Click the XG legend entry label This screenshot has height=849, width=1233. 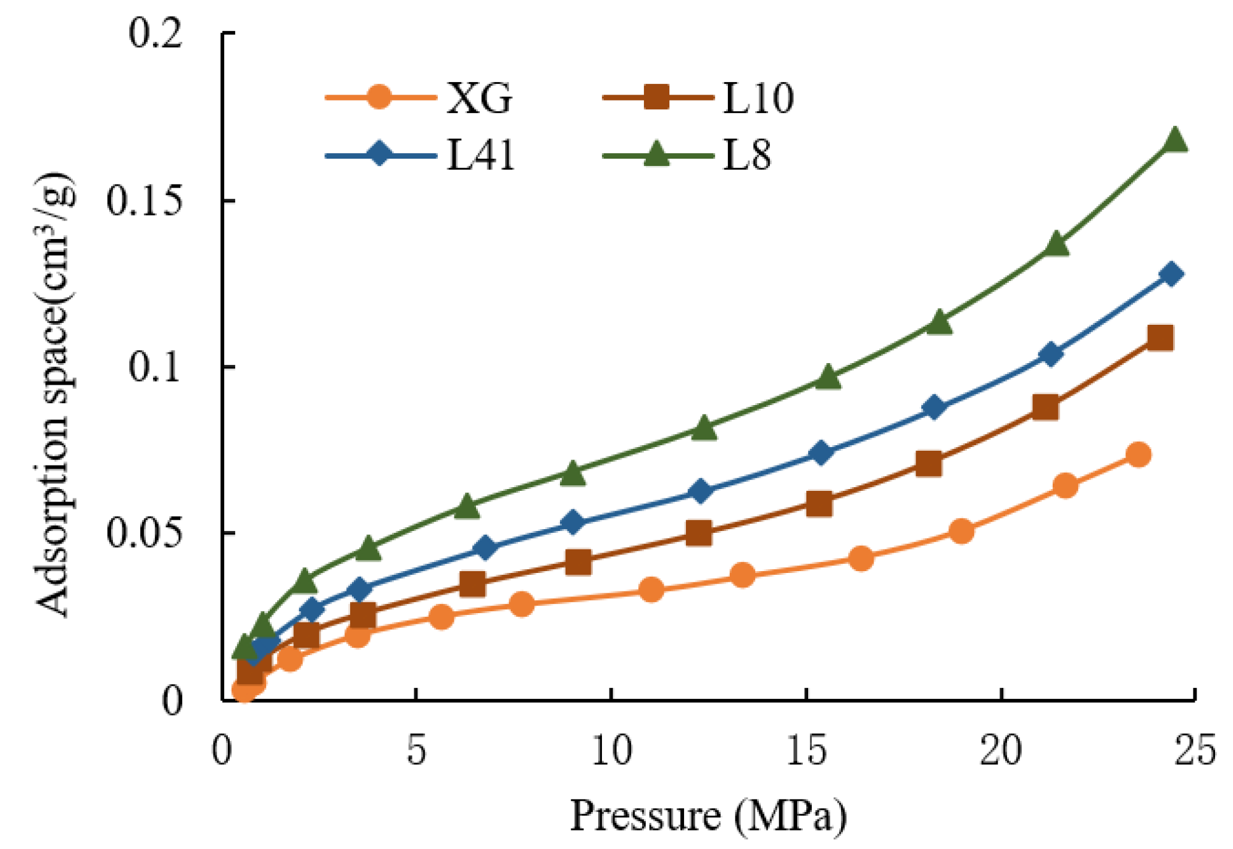[479, 98]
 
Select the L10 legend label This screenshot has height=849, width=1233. [758, 98]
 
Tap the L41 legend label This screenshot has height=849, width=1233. [480, 154]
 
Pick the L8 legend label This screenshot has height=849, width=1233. [747, 154]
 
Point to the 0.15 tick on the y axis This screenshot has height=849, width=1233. [144, 201]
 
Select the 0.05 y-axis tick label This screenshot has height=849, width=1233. [144, 533]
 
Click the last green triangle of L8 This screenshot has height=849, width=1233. [1175, 141]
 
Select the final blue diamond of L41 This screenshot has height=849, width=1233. [1171, 274]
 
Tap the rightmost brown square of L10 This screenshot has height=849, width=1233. [1160, 338]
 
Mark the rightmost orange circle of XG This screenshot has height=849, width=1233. [1138, 455]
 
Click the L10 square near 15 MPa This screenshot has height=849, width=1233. [819, 504]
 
